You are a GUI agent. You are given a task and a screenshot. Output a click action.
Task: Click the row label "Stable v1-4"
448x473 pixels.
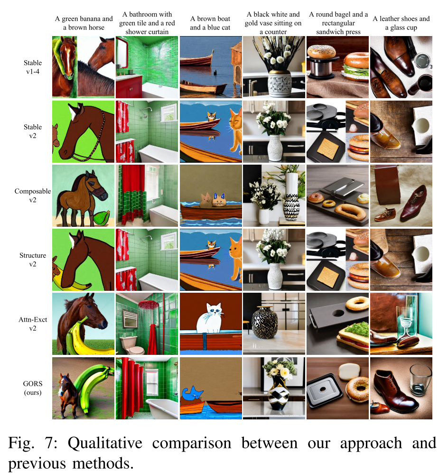33,67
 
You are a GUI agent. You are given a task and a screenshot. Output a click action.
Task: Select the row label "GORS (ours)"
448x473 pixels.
32,388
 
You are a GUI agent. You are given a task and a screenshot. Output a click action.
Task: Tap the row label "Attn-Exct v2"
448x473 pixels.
32,323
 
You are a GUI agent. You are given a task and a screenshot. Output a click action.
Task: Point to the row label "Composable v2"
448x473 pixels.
32,195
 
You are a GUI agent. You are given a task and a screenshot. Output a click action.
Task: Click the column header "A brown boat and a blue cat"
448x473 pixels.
210,23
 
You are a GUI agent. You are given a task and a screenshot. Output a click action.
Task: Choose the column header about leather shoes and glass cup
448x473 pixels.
401,23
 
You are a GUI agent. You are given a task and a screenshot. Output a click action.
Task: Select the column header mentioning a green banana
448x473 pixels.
84,23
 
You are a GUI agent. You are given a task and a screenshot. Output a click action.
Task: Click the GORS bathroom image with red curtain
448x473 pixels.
147,388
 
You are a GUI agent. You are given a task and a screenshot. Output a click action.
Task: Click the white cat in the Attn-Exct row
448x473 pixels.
209,315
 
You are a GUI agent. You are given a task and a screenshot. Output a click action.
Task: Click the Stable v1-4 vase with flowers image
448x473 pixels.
274,67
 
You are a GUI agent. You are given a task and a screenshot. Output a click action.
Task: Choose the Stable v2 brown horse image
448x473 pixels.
84,131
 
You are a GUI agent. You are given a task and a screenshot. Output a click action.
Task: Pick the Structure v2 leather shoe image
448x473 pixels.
401,260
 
